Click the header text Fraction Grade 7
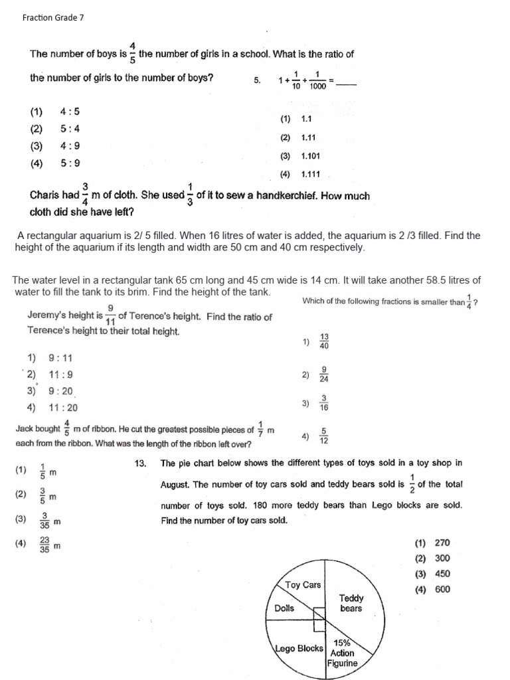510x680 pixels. tap(53, 18)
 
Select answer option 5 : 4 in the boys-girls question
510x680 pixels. tap(70, 129)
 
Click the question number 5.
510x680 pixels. tap(258, 80)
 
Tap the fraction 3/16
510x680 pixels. tap(324, 403)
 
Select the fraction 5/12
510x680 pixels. tap(324, 436)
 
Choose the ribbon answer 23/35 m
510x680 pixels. tap(45, 546)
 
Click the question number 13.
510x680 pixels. tap(139, 464)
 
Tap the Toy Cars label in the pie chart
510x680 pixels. tap(303, 585)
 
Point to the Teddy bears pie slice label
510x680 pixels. tap(351, 603)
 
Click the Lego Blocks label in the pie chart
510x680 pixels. tap(299, 648)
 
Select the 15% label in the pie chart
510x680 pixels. tap(342, 643)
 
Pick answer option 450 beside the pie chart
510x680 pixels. tap(442, 574)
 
